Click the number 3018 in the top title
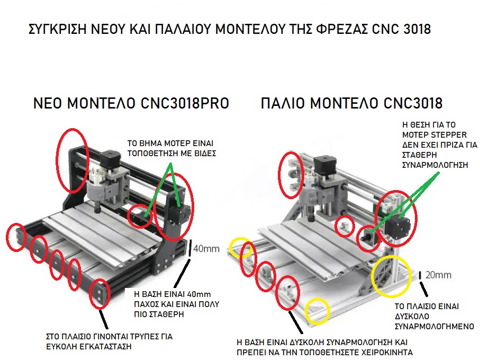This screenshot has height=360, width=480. coord(417,29)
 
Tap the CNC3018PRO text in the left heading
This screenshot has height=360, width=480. coord(185,103)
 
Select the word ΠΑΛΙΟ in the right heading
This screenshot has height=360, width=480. coord(283,103)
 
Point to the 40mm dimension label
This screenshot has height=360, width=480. coord(206,249)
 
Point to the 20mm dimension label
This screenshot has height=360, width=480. coord(438,275)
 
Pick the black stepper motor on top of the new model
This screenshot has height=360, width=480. coord(110,159)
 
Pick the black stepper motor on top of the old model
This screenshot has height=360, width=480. coord(325,165)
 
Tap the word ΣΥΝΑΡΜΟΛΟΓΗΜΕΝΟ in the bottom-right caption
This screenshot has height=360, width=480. coord(434,326)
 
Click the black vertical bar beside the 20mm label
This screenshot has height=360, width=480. coord(420,275)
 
